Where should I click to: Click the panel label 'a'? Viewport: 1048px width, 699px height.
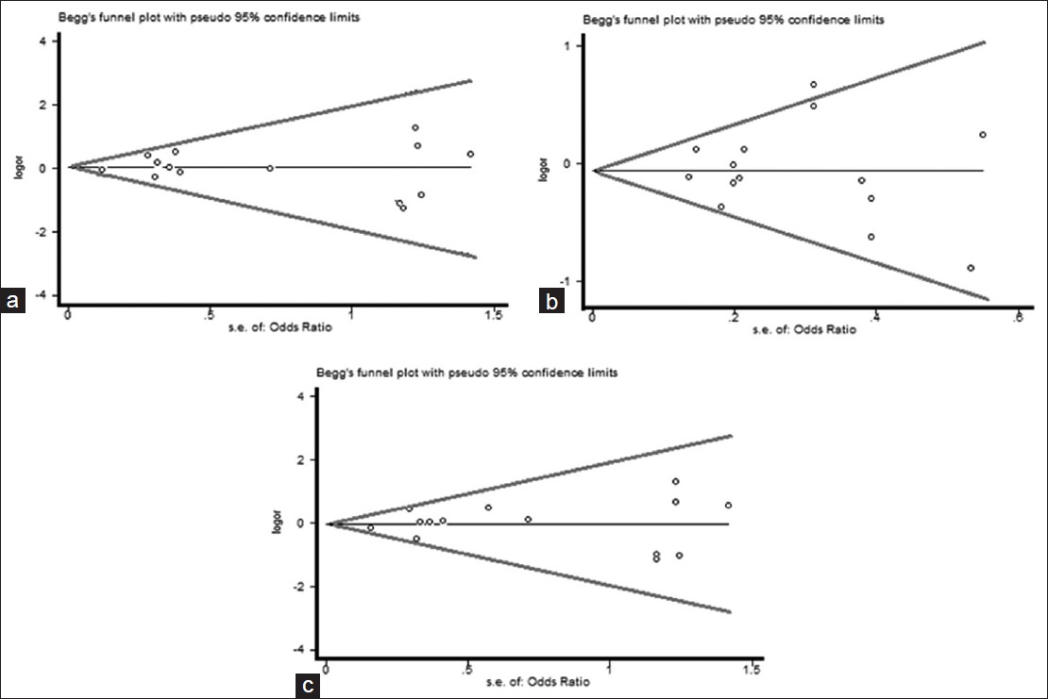[12, 302]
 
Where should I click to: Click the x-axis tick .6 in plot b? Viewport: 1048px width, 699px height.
[1018, 316]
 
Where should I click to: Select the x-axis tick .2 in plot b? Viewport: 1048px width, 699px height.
[733, 316]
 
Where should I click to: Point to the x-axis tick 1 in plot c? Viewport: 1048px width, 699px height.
[610, 671]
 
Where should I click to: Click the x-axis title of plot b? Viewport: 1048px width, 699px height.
[804, 329]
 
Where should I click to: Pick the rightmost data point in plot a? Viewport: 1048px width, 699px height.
[470, 154]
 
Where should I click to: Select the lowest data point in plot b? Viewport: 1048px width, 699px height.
[971, 268]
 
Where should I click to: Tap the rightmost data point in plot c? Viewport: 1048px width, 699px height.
[728, 506]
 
